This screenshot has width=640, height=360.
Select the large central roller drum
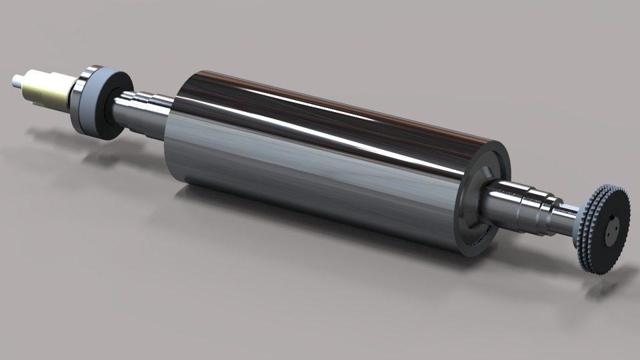[320, 160]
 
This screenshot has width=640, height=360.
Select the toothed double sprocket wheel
[603, 230]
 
